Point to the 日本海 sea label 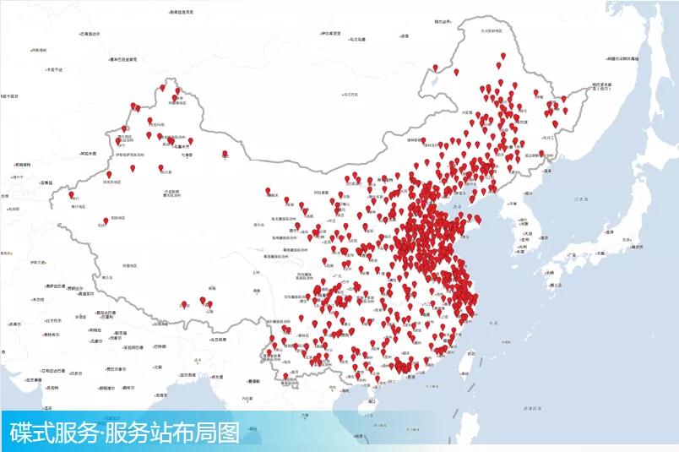tap(580, 199)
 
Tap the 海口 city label tap(372, 402)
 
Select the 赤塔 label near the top tap(405, 35)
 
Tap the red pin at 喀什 tap(72, 195)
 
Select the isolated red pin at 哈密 tap(225, 154)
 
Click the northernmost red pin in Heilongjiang tap(502, 57)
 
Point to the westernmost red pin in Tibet tap(203, 300)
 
